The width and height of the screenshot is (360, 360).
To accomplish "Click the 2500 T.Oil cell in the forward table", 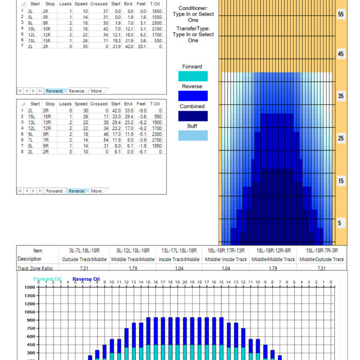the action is point(157,23).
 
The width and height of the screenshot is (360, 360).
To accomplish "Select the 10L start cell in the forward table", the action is point(31,29).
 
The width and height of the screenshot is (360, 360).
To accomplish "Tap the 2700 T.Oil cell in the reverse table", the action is point(157,140).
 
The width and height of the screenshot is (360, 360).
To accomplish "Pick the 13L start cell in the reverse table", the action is point(31,122).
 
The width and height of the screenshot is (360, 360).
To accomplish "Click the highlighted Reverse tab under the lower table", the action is point(77,191).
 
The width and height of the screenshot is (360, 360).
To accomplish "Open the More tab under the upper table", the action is point(96,91).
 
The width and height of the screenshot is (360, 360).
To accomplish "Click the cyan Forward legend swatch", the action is point(193,76).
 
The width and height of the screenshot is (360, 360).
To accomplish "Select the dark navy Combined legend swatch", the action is point(193,116).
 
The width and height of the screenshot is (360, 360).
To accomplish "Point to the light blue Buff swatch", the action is point(193,135).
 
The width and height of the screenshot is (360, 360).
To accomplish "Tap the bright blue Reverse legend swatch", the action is point(193,96).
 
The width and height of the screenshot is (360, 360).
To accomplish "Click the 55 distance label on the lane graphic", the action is point(340,14).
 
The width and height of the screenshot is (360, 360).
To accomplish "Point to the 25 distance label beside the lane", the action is point(340,138).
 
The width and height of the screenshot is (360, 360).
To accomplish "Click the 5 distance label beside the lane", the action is point(339,223).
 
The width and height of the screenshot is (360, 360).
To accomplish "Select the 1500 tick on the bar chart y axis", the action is point(30,287).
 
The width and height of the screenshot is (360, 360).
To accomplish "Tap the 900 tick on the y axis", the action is point(31,320).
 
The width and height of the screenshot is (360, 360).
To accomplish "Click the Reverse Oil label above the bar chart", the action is point(86,279).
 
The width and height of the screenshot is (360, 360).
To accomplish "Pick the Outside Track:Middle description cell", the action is point(84,259).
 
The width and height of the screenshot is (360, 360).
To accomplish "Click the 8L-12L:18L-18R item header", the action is point(133,251).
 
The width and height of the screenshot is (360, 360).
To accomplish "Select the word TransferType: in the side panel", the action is point(193,28).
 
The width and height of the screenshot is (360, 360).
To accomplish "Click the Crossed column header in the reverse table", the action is point(99,104).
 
